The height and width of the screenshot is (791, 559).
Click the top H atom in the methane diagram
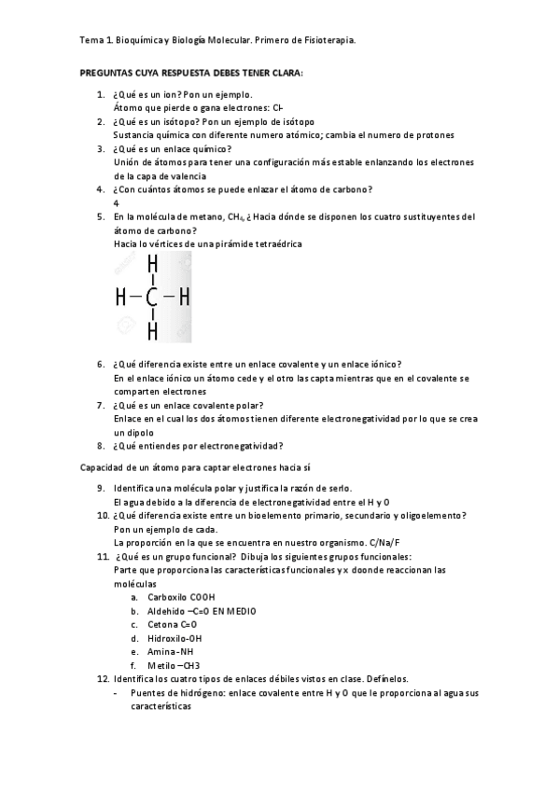(x=152, y=266)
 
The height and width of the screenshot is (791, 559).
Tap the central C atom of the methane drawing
(x=152, y=298)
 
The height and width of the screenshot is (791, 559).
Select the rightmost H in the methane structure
(x=184, y=298)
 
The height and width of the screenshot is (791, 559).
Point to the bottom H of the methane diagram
(x=152, y=331)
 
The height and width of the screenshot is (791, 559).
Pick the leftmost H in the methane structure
(x=120, y=298)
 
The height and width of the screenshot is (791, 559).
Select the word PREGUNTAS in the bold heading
(x=106, y=72)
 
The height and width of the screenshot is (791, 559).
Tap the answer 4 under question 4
(x=116, y=202)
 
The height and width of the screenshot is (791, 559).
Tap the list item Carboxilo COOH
(x=181, y=597)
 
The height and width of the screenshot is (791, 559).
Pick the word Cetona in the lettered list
(x=164, y=624)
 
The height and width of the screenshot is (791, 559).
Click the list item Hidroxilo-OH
(x=175, y=638)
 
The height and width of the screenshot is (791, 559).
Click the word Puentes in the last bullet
(x=149, y=693)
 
